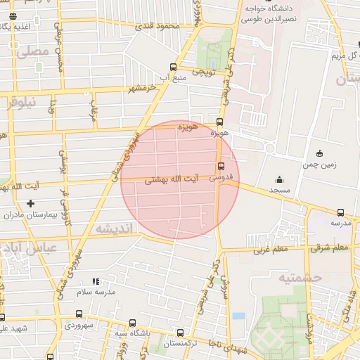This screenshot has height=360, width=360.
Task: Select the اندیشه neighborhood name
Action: coord(113,229)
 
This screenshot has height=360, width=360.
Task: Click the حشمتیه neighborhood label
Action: coord(300,277)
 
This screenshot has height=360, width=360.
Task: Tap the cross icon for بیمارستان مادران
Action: coord(30,204)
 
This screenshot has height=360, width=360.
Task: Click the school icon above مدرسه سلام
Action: coord(96,281)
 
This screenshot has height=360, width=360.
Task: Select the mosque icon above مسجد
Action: coord(279,179)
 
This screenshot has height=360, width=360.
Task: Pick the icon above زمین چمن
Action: coord(320,153)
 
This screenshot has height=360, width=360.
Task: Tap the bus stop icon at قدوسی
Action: coord(221,167)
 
